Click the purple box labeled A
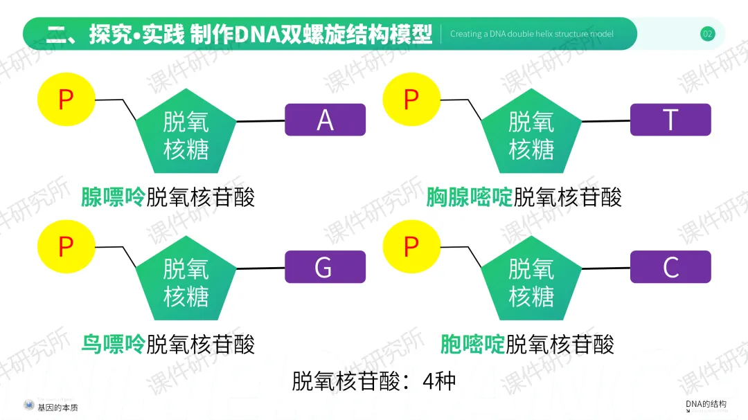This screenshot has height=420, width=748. point(325,120)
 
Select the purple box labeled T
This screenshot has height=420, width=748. point(670,120)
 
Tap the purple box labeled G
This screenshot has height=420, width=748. point(325,267)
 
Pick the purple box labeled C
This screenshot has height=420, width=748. point(670,267)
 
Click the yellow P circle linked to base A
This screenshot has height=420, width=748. point(66,100)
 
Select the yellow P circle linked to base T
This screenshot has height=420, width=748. point(411,100)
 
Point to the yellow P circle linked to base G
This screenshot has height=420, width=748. point(66,246)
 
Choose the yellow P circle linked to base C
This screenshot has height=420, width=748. point(411,246)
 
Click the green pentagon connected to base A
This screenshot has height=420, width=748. point(186,134)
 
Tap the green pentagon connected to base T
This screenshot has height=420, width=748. point(531,134)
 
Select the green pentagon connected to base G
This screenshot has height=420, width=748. point(186,282)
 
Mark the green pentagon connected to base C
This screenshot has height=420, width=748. point(531,282)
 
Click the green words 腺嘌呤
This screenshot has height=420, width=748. point(113,197)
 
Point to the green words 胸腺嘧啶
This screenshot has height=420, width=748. point(469,197)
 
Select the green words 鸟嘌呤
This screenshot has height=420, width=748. point(113,344)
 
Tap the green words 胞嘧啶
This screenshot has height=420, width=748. point(472,344)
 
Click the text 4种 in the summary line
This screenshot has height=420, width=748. point(438,381)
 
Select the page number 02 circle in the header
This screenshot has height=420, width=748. point(707,34)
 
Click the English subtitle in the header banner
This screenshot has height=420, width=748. point(531,34)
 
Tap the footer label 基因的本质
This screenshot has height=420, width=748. point(57,408)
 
